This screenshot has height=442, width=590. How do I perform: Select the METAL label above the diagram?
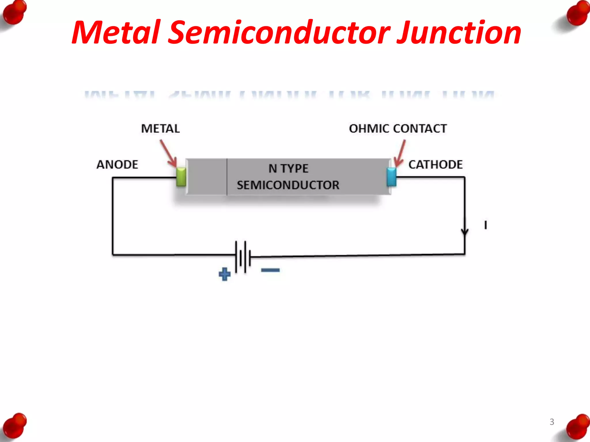pos(160,129)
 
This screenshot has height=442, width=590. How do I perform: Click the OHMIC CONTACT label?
pos(398,129)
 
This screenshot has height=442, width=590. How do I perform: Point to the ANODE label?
pos(117,165)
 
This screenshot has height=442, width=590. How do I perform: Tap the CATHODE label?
pos(436,165)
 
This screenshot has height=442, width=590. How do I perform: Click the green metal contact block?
pos(181,177)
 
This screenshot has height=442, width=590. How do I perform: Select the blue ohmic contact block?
pos(392,177)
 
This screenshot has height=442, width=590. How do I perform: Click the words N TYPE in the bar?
pos(288,169)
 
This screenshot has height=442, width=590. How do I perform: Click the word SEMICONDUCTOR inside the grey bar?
pos(288,185)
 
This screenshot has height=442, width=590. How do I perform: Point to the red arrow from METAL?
pos(168,153)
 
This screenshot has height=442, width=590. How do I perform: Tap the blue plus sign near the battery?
pos(225,274)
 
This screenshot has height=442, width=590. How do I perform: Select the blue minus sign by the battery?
pos(270,270)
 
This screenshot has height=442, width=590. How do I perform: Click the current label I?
pos(486,225)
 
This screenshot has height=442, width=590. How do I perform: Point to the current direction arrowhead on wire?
pos(465,232)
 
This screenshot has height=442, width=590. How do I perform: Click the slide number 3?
pos(552,422)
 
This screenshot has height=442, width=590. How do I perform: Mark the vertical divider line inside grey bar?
pos(227,177)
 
